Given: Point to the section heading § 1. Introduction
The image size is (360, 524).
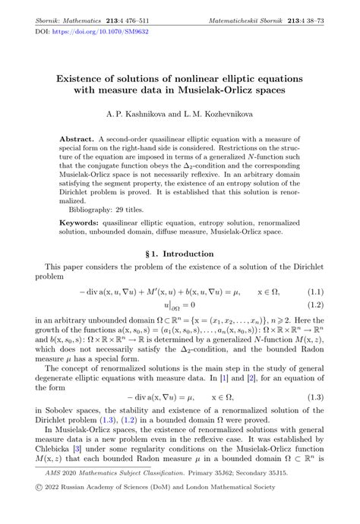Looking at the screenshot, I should coord(179,254).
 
